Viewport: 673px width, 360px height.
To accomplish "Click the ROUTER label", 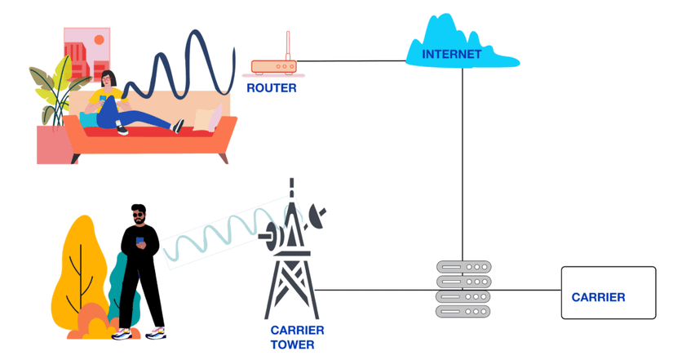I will click(x=272, y=88).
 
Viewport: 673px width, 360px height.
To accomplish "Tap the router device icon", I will click(x=273, y=67).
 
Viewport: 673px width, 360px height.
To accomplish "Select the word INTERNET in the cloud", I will click(x=451, y=55).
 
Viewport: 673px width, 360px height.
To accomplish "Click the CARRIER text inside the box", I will click(x=598, y=297).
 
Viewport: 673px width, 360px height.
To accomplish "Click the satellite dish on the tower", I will click(x=317, y=216).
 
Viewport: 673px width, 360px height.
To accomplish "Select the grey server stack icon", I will click(x=463, y=289).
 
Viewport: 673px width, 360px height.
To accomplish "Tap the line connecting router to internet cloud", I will click(x=351, y=60).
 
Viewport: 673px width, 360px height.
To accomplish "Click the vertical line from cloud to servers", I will click(x=463, y=163).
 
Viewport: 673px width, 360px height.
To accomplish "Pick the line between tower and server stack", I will click(x=375, y=290).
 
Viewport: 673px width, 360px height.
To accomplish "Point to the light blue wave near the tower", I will click(x=220, y=233).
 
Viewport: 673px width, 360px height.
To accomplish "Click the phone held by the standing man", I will click(x=139, y=241).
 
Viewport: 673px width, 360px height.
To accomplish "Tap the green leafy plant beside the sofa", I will click(x=51, y=94).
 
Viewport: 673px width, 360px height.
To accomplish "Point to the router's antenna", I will click(x=287, y=46).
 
